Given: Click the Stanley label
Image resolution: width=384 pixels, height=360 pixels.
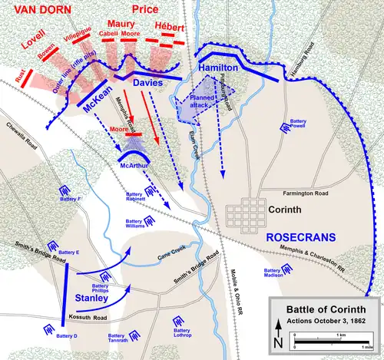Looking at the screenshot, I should click(91, 296).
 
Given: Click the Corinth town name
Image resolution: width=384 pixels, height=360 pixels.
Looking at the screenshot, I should click(288, 209).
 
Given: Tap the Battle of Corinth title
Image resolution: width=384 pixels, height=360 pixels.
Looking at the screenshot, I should click(323, 309).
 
